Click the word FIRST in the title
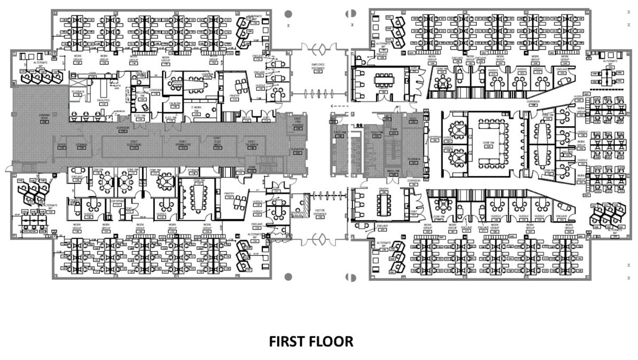tap(288, 341)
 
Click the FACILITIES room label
tap(103, 100)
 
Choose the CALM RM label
tap(174, 104)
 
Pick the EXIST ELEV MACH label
tap(217, 144)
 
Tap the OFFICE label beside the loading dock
tap(61, 144)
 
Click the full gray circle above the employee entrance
tap(288, 13)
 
